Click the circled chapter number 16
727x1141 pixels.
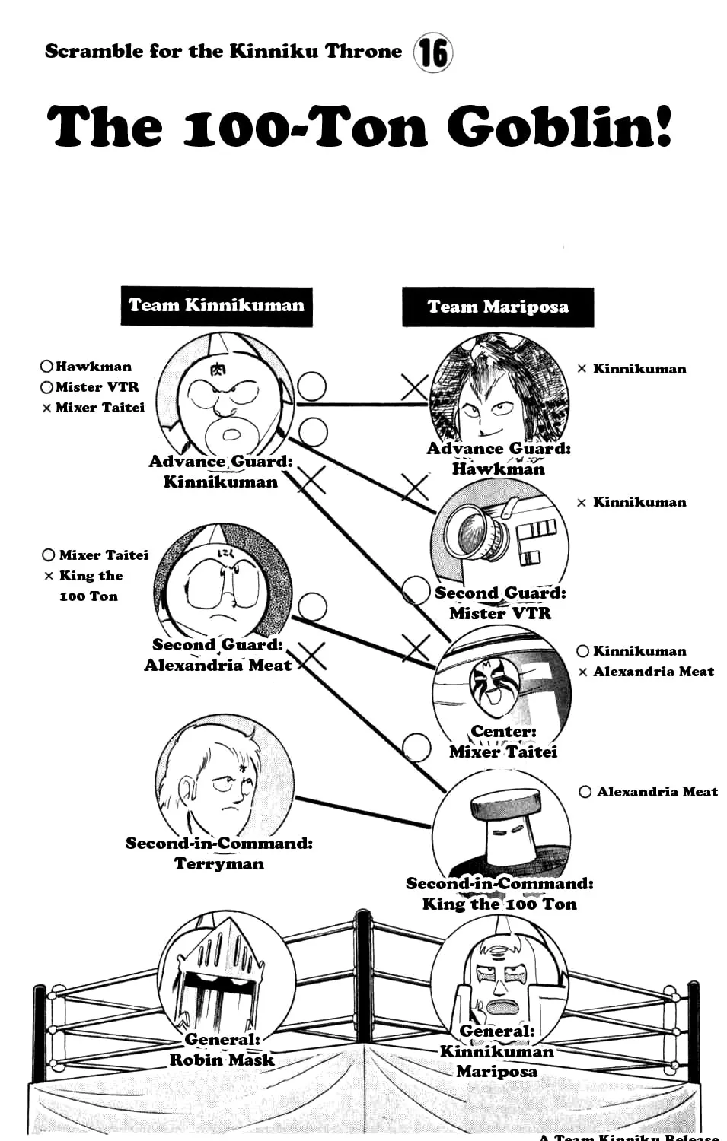(433, 52)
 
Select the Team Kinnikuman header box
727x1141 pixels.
(217, 306)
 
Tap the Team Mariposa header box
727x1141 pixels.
(498, 307)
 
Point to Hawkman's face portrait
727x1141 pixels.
(499, 393)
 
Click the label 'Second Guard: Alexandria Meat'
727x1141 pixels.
(218, 655)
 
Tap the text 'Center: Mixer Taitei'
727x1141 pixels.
(503, 742)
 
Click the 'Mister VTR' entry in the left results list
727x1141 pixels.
(90, 387)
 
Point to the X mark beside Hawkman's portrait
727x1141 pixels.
(414, 387)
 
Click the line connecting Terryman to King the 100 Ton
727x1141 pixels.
(364, 812)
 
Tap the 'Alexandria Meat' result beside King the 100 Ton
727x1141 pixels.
(649, 792)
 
